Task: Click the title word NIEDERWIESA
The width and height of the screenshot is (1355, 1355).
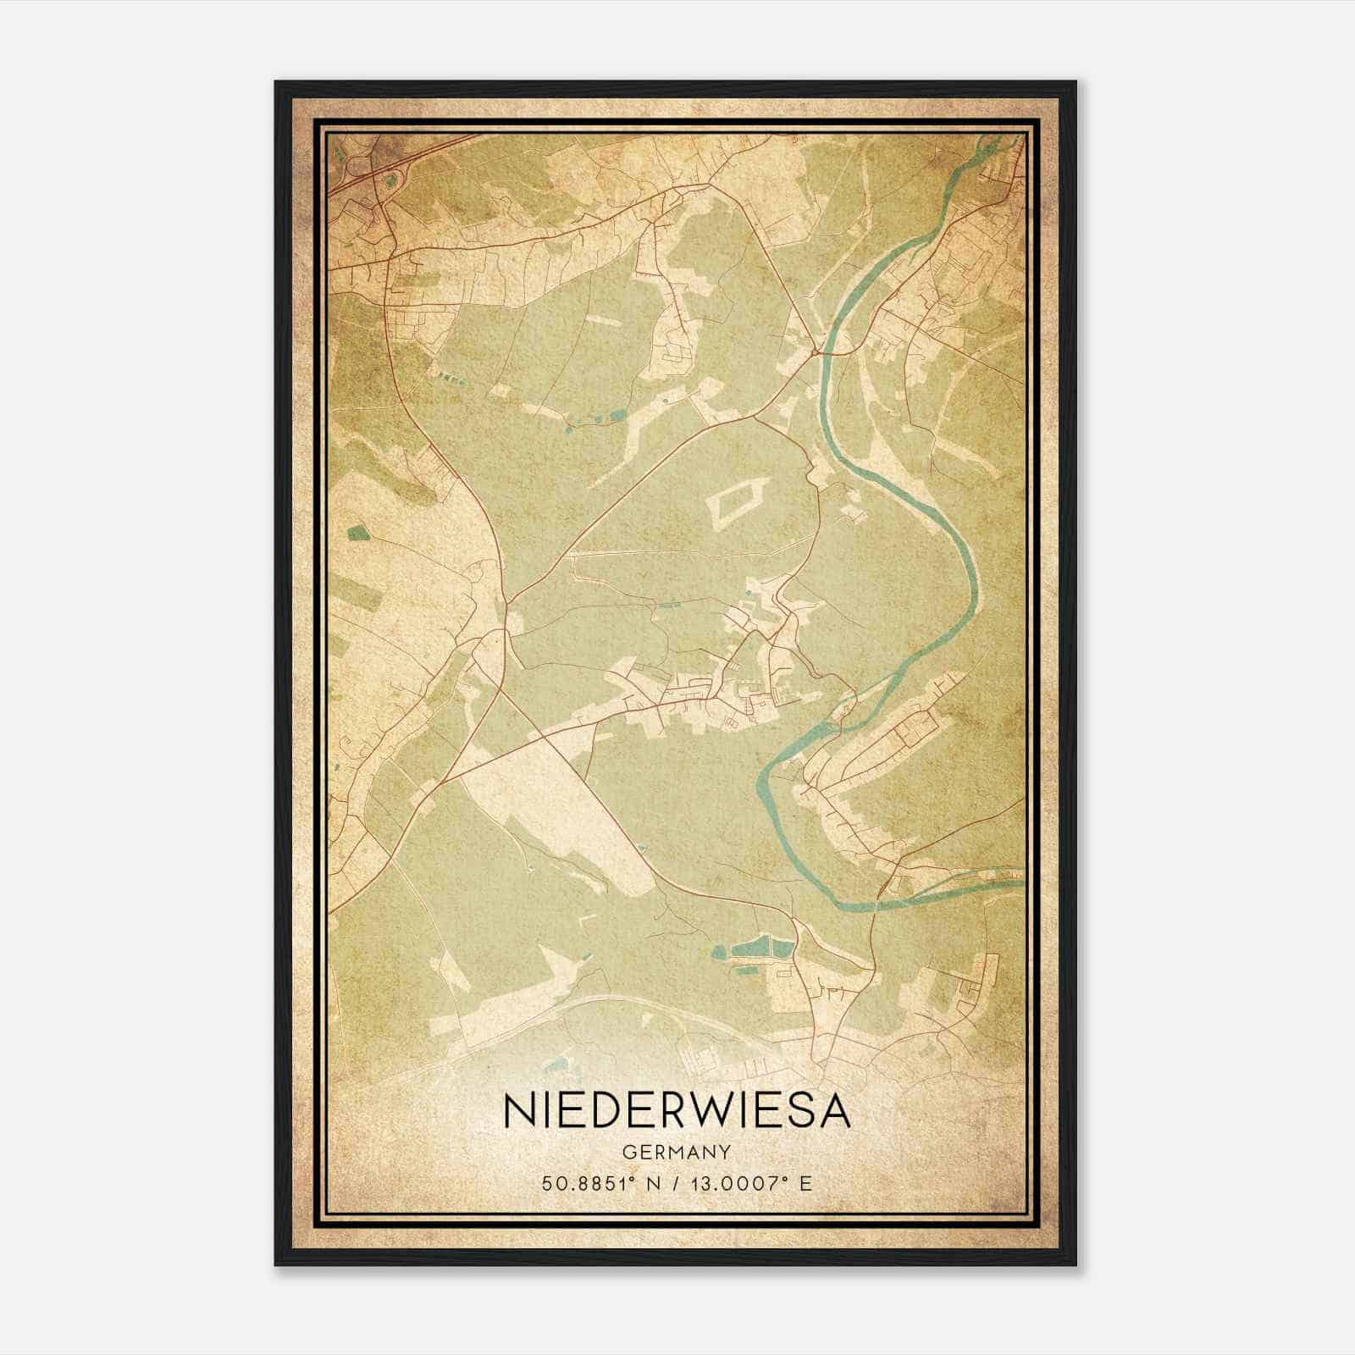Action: point(677,1110)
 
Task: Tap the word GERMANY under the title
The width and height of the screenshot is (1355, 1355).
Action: point(677,1153)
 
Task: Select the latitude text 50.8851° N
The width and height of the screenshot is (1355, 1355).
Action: point(596,1183)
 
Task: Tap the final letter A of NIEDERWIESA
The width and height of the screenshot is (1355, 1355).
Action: point(833,1110)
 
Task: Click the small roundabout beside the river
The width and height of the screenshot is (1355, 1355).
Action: point(815,350)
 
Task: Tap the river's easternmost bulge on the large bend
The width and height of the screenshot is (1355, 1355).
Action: point(974,584)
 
